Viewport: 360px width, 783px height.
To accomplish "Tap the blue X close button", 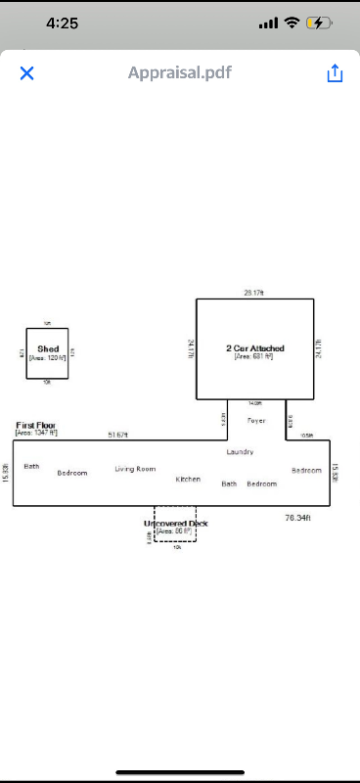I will pos(27,73).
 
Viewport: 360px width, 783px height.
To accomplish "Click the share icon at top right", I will pos(335,73).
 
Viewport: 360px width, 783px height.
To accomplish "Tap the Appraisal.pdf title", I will pos(180,72).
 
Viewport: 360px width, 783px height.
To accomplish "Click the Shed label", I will pos(48,348).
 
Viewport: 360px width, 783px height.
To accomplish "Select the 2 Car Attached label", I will pos(254,348).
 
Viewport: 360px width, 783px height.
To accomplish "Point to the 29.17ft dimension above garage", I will pos(254,293).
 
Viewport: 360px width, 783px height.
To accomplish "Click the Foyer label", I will pos(256,420).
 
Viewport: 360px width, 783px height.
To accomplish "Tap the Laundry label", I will pos(240,452).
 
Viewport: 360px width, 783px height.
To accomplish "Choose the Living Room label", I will pos(135,469).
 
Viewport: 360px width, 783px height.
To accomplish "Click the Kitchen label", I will pos(188,480).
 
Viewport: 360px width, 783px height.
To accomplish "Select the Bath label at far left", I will pos(31,467).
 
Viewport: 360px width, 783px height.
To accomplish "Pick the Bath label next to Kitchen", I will pos(229,484).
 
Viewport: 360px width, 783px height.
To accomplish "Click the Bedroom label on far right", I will pos(306,470).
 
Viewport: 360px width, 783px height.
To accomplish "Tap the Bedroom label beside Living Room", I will pos(72,473).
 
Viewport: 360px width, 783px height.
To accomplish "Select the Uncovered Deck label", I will pos(176,524).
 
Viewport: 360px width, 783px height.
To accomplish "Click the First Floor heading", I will pos(36,426).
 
